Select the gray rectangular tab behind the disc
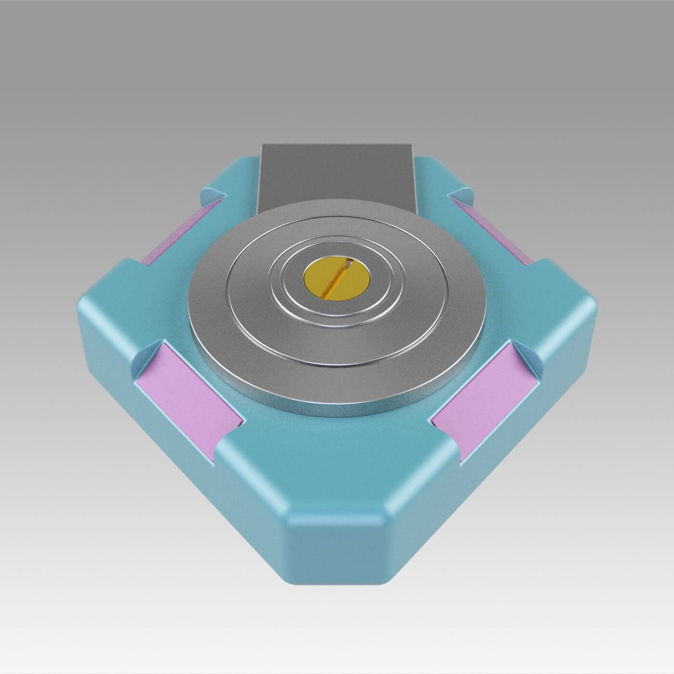337,173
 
